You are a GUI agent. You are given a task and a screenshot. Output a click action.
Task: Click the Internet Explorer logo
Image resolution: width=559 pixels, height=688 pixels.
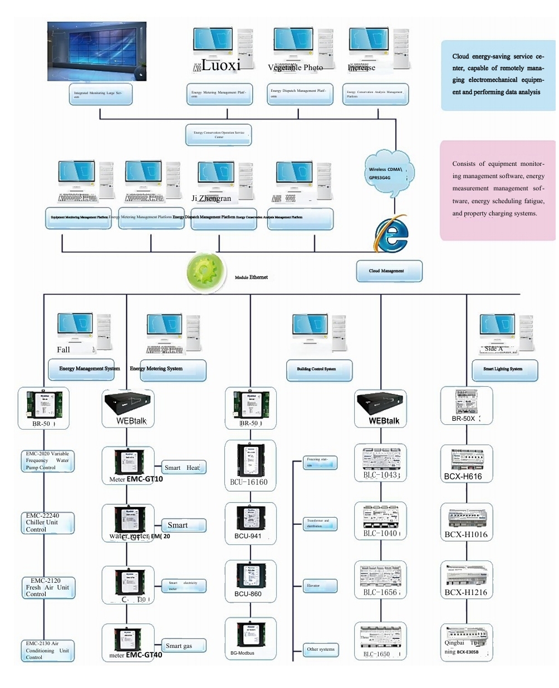391,234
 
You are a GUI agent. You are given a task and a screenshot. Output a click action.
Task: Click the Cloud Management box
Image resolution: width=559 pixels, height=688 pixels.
389,271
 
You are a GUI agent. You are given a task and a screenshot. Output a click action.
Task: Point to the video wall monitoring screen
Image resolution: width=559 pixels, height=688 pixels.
97,51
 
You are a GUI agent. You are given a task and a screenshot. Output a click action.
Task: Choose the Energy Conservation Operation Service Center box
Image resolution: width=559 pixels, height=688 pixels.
218,135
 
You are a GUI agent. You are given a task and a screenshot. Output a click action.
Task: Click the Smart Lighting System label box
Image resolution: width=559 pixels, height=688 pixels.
503,369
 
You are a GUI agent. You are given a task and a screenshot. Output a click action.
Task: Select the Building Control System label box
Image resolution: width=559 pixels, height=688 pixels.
319,369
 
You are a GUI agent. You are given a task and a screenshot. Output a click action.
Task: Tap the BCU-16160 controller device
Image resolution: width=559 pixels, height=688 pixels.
251,465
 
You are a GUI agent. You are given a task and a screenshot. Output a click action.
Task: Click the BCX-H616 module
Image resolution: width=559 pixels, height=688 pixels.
466,463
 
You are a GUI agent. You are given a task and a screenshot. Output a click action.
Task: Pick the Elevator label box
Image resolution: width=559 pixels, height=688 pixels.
320,586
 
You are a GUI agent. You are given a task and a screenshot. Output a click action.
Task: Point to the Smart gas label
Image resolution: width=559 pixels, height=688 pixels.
183,646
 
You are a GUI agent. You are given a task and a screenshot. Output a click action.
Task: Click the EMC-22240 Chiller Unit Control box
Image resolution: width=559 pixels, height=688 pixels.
47,523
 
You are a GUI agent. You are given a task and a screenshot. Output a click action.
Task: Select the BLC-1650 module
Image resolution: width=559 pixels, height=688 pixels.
380,641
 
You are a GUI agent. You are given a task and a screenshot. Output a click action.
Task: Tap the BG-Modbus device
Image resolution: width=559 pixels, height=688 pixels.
250,638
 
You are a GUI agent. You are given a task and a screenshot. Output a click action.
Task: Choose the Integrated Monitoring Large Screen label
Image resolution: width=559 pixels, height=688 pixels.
101,95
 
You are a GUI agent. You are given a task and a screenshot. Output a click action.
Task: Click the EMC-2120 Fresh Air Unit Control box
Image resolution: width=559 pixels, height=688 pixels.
48,587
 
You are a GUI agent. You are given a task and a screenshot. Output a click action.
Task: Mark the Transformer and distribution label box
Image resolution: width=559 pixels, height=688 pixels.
320,523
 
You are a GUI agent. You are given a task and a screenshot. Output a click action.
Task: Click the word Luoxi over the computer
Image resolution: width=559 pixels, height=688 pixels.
221,65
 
